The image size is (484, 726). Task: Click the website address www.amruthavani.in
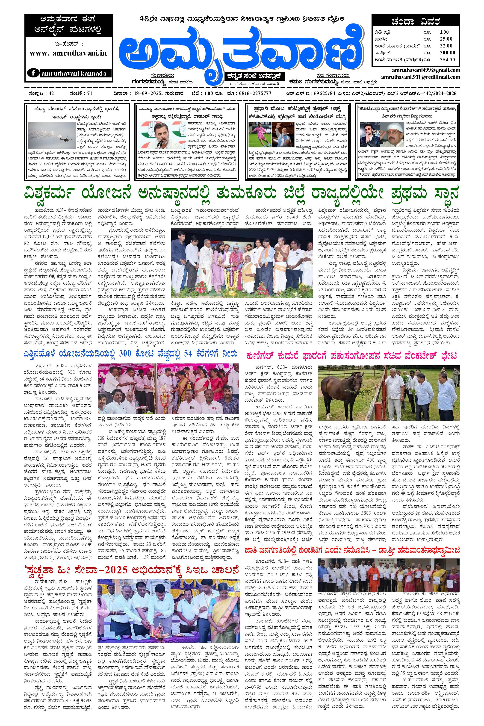(68, 53)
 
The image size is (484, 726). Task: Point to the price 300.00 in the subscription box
(447, 53)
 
